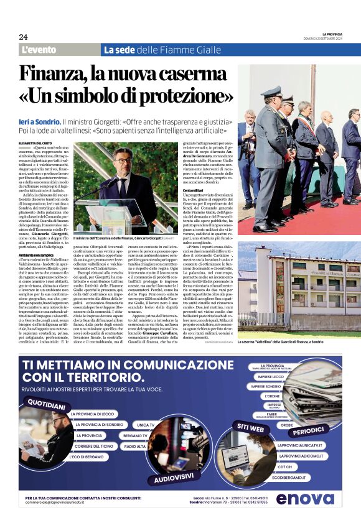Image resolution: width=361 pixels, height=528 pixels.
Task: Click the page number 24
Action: [23, 37]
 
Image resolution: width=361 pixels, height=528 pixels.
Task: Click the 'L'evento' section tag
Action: [39, 50]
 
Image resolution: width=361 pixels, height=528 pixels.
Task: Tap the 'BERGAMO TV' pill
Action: [136, 435]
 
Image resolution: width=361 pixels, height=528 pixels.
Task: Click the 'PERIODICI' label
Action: [309, 430]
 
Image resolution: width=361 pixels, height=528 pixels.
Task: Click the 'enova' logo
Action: [304, 499]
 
